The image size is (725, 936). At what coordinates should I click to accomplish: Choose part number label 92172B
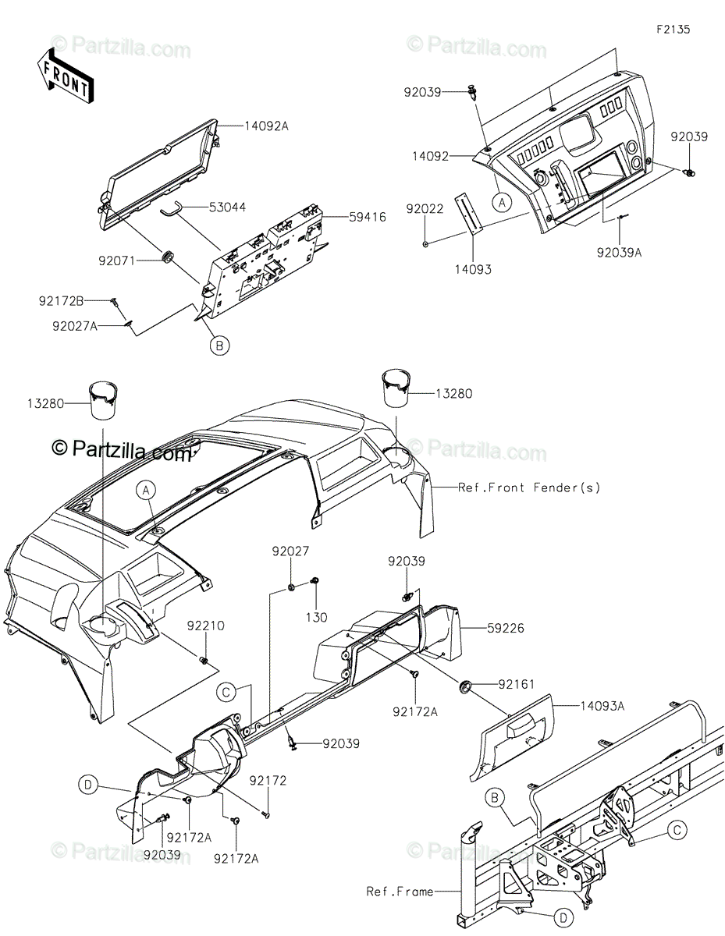pos(62,300)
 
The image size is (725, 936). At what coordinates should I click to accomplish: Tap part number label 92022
pos(425,208)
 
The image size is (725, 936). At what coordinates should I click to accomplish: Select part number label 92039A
pos(620,252)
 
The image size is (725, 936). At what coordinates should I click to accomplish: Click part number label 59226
pos(485,626)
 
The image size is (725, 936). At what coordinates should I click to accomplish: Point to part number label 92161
pos(510,683)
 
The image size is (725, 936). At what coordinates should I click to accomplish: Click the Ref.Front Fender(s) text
pos(529,487)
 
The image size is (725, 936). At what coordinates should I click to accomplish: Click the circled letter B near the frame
pos(494,797)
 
